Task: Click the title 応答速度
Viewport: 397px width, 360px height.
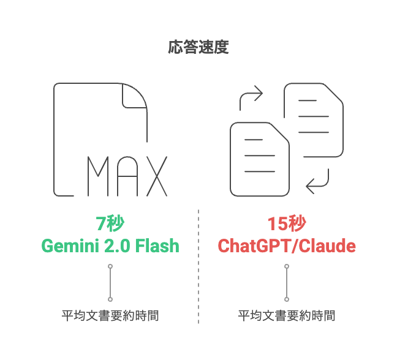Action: click(x=198, y=47)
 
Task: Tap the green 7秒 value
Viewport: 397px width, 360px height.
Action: click(x=110, y=223)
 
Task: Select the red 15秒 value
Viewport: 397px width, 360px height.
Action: click(x=287, y=223)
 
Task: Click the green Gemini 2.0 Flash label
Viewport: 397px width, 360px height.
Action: click(x=110, y=246)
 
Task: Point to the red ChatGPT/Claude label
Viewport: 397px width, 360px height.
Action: click(x=287, y=246)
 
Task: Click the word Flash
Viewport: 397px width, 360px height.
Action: click(x=157, y=246)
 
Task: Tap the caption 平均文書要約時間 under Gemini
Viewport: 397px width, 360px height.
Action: click(x=110, y=316)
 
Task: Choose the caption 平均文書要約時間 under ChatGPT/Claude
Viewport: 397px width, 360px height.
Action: click(x=287, y=316)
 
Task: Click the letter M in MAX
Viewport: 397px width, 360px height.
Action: click(x=98, y=176)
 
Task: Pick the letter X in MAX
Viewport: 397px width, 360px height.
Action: click(x=157, y=176)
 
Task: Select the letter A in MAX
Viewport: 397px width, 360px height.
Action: click(x=127, y=176)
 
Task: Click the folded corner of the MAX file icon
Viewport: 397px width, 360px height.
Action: click(x=134, y=96)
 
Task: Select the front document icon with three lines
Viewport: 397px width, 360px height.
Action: click(x=260, y=159)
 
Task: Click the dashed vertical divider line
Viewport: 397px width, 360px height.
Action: click(x=198, y=266)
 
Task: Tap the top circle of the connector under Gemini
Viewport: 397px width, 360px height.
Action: click(x=110, y=266)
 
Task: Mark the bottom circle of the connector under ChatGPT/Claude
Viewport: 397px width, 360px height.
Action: click(x=287, y=299)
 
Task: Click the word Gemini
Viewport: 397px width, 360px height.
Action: click(x=70, y=246)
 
